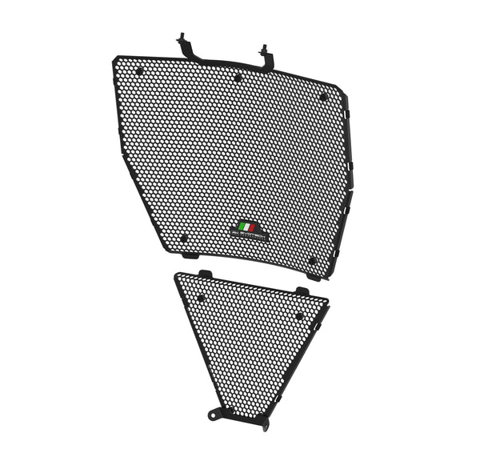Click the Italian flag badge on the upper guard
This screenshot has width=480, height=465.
tap(248, 227)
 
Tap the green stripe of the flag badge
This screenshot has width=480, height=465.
tap(242, 227)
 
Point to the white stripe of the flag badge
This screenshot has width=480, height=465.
tap(248, 227)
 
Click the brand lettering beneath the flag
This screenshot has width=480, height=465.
tap(249, 235)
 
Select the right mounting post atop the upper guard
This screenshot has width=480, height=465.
tap(264, 52)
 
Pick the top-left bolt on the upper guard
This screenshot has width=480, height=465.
tap(139, 71)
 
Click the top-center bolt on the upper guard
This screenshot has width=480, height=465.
tap(238, 78)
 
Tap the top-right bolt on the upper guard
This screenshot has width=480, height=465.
tap(323, 97)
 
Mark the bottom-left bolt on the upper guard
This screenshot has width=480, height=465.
tap(183, 238)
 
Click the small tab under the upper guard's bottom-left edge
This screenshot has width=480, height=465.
tap(190, 255)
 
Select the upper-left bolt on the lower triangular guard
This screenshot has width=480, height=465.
tap(201, 298)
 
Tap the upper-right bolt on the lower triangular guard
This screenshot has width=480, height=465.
tap(299, 315)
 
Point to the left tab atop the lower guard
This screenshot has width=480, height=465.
tap(206, 275)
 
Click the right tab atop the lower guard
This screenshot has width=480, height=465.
tap(302, 291)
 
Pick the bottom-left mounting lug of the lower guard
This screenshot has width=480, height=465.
tap(215, 414)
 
